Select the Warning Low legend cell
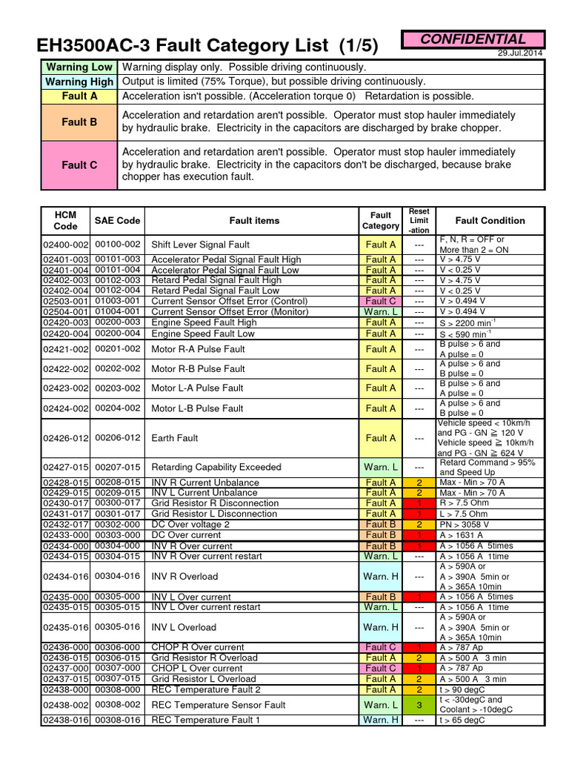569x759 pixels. pos(79,67)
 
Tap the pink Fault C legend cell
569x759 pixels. pos(79,165)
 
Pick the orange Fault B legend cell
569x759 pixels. pos(79,122)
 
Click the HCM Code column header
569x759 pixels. pos(65,220)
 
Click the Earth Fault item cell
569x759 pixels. pos(175,438)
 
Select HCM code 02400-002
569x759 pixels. pos(65,244)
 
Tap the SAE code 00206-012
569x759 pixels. pos(117,438)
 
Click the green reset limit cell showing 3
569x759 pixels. pos(419,705)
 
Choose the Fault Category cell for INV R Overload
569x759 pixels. pos(381,576)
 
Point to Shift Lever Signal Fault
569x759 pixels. pos(200,245)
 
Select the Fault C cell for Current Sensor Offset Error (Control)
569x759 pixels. pos(381,302)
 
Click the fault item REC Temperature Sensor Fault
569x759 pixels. pos(218,705)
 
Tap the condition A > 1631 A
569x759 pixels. pos(462,534)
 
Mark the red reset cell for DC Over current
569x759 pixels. pos(419,534)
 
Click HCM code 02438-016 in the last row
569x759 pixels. pos(65,720)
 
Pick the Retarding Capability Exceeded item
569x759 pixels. pos(216,467)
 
